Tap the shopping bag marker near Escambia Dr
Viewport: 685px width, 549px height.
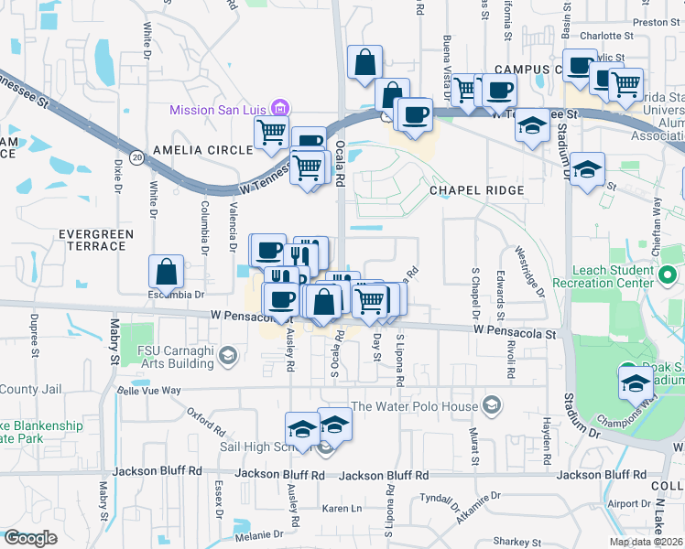pos(167,272)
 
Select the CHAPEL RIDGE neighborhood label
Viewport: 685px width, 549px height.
pos(477,190)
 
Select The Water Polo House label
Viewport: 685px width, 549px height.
pos(415,406)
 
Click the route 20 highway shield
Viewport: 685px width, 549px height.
pos(136,156)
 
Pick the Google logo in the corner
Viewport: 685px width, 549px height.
pos(30,537)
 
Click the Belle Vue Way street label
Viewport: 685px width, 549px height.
pos(149,390)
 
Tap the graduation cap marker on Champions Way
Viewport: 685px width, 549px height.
pos(635,382)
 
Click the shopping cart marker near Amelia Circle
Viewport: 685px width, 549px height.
pos(271,134)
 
